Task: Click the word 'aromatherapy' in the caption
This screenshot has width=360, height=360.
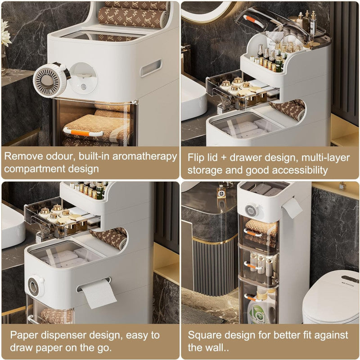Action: click(144, 157)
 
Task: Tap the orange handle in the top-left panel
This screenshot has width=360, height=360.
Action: click(83, 133)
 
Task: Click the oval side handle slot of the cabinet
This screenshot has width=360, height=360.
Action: click(151, 68)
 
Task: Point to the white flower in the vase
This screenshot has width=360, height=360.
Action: click(5, 35)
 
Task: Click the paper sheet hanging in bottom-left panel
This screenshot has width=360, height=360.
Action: click(99, 293)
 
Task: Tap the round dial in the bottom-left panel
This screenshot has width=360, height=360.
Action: click(35, 286)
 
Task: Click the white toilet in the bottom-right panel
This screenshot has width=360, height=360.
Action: click(331, 298)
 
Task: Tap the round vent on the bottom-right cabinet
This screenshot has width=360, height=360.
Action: click(251, 210)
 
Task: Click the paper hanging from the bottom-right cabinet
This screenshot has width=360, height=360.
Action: click(292, 208)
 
